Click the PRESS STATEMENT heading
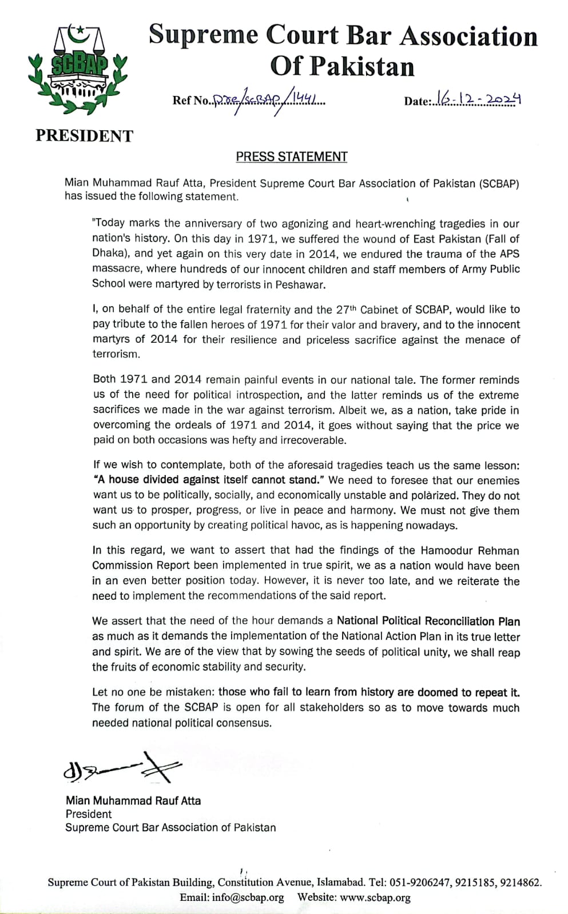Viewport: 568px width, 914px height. (x=292, y=157)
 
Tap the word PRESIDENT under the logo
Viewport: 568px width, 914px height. (x=84, y=136)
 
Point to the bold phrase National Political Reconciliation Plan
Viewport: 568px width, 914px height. (x=428, y=621)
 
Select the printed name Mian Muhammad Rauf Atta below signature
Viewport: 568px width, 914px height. (x=133, y=801)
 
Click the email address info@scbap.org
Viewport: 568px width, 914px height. (x=247, y=897)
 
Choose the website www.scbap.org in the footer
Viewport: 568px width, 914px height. (x=375, y=897)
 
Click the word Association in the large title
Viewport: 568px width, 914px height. (x=468, y=37)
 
